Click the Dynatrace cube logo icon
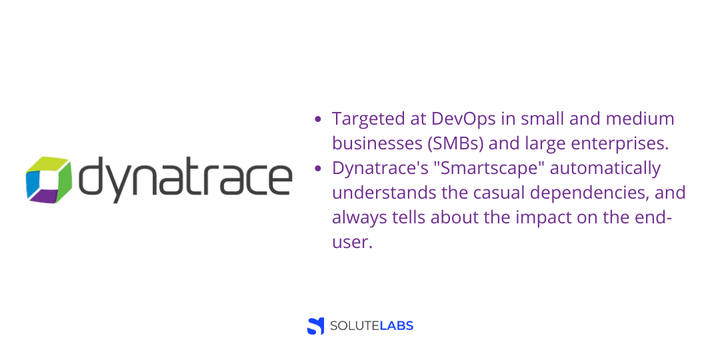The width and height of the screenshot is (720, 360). coord(48,179)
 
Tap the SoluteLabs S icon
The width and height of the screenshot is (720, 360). coord(315,326)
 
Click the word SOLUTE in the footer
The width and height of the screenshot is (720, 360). coord(353,326)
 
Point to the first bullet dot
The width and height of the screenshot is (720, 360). coord(318,119)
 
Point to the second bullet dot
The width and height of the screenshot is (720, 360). coord(318,168)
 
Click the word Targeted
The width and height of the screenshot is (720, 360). coord(369,119)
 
